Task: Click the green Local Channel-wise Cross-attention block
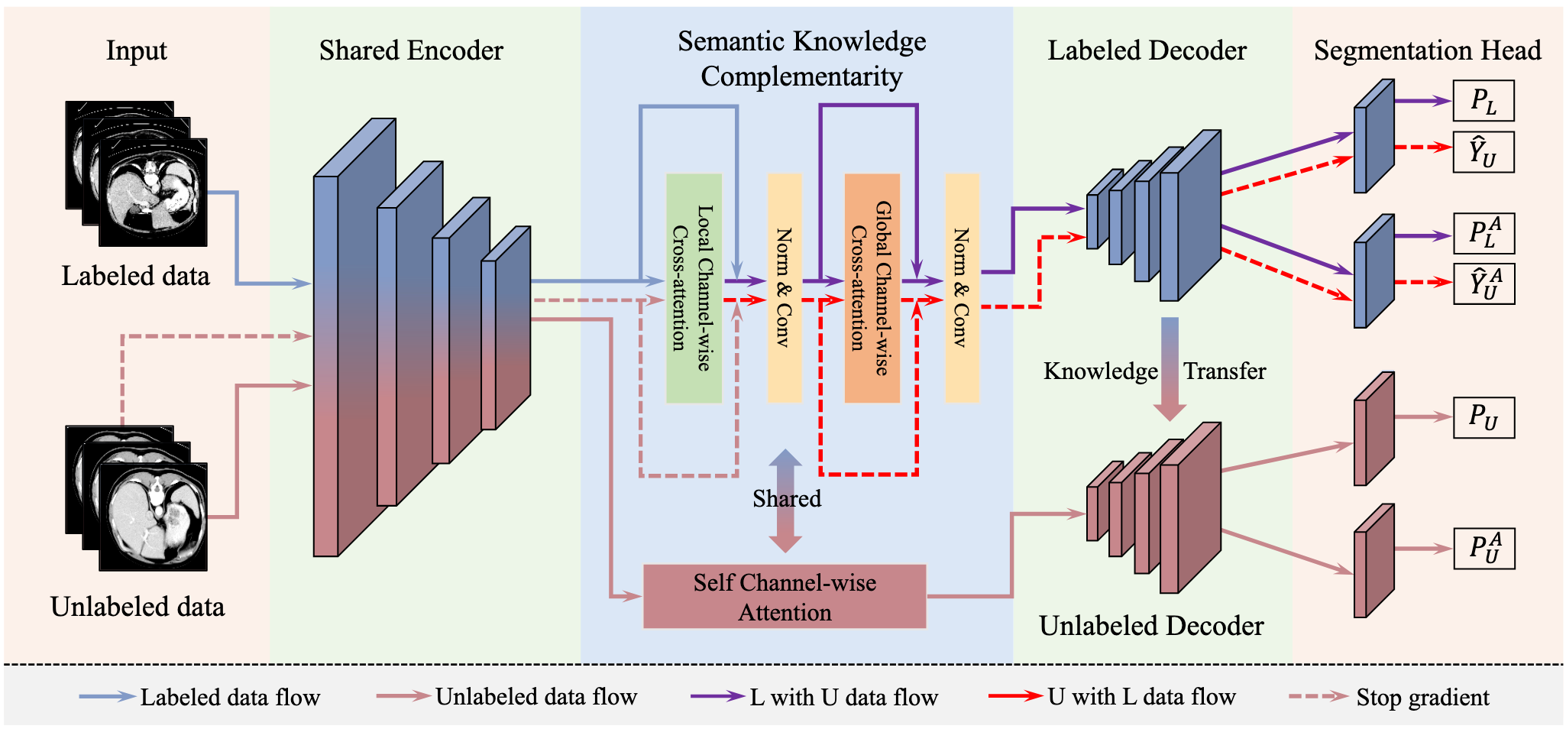coord(694,288)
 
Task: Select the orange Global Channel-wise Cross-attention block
coord(872,288)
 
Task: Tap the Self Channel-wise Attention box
coord(785,597)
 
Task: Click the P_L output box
coord(1483,101)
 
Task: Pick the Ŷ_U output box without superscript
coord(1483,152)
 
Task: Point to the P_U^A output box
coord(1483,549)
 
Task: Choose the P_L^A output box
coord(1483,234)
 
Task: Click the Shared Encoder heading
coord(411,50)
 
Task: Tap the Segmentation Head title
coord(1427,50)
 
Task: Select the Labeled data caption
coord(135,276)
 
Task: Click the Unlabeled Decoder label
coord(1151,626)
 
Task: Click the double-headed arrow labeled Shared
coord(785,501)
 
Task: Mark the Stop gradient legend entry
coord(1422,697)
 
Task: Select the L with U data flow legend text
coord(843,697)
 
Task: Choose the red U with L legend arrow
coord(1014,696)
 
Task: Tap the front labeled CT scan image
coord(154,192)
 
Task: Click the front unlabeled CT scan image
coord(154,517)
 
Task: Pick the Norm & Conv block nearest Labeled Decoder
coord(962,288)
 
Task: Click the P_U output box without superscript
coord(1483,417)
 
